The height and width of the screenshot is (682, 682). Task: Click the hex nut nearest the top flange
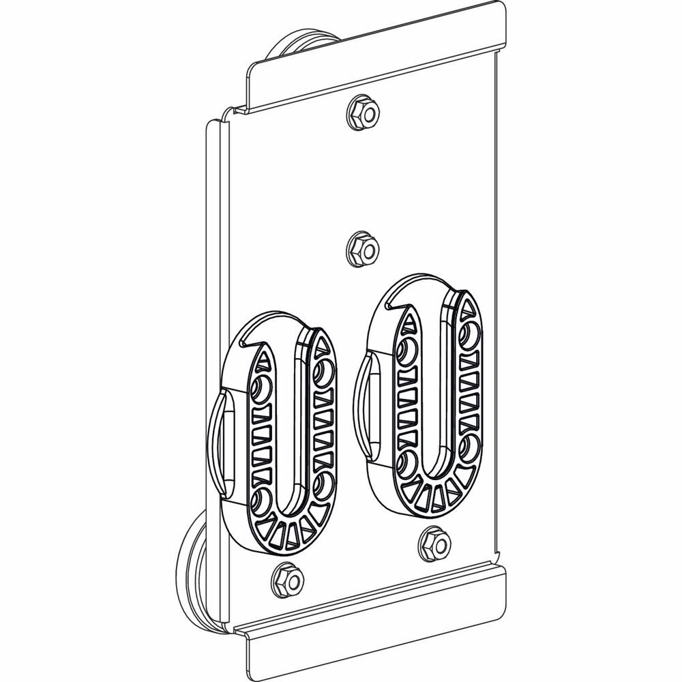pyautogui.click(x=363, y=113)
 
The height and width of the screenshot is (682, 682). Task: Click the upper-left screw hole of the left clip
pyautogui.click(x=260, y=389)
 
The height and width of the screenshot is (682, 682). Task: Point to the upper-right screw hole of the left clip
pyautogui.click(x=322, y=372)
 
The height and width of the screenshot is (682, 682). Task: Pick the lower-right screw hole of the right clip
pyautogui.click(x=469, y=446)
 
